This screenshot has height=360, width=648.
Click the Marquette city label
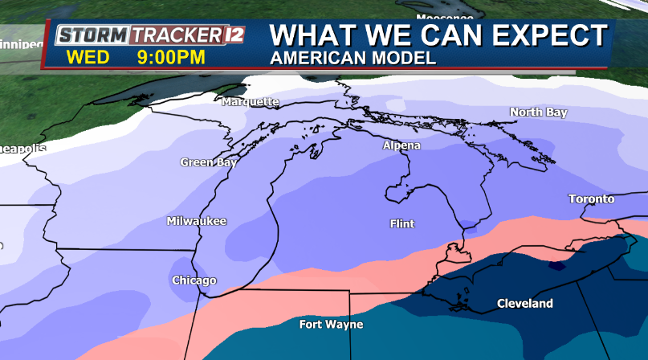251,102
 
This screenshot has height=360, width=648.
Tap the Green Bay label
208,162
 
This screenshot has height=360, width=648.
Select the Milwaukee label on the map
197,221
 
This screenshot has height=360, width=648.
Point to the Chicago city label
194,280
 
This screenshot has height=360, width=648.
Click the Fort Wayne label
331,325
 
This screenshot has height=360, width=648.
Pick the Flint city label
401,223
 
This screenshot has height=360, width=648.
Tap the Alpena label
401,145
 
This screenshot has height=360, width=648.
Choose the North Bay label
538,112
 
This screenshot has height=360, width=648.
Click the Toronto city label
591,198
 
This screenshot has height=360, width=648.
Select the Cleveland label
525,304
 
